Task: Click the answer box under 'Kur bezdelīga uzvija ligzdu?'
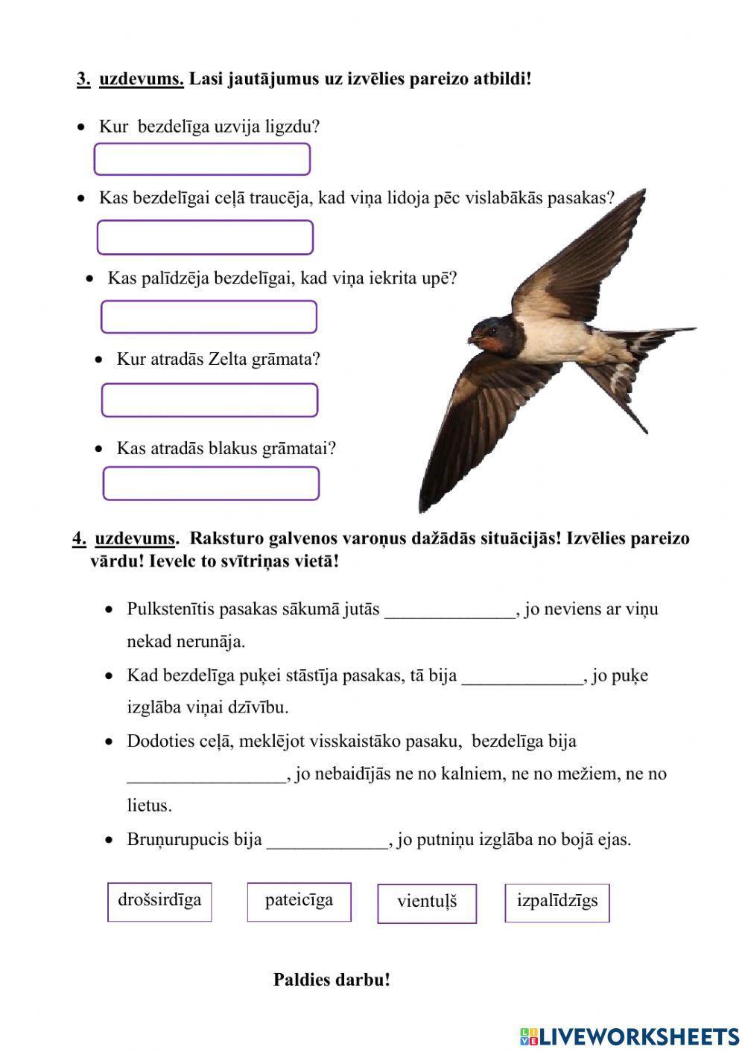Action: coord(202,159)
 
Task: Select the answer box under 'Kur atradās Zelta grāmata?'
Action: coord(209,400)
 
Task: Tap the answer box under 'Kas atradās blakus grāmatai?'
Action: coord(211,483)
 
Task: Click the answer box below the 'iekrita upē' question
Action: coord(209,317)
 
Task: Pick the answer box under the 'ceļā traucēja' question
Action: coord(205,238)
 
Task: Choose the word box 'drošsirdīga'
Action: coord(159,902)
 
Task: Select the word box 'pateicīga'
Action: coord(299,902)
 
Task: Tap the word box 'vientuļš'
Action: coord(427,903)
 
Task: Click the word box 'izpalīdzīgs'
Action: coord(557,902)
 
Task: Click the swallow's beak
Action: coord(471,339)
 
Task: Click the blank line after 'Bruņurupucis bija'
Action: coord(328,842)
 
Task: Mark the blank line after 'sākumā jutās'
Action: coord(450,611)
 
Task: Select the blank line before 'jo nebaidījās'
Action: coord(206,776)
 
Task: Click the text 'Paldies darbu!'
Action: coord(332,979)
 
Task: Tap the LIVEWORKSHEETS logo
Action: coord(630,1036)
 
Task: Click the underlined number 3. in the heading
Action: coord(83,79)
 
